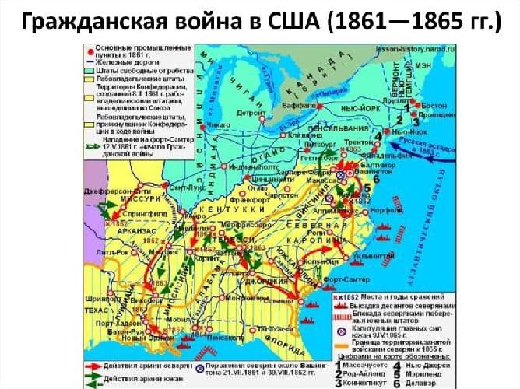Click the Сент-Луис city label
pyautogui.click(x=182, y=188)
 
